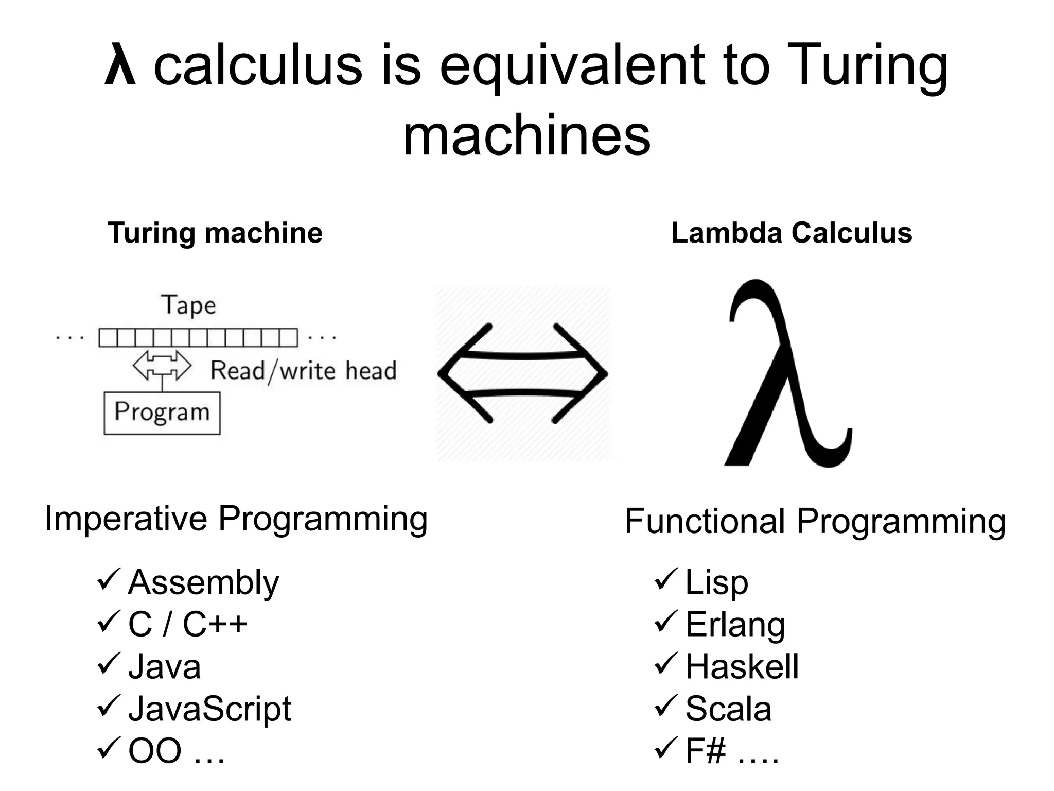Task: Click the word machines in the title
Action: click(x=526, y=135)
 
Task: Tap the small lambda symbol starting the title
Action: click(x=120, y=66)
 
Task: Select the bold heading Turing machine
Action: click(x=215, y=233)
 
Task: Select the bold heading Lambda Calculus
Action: click(x=792, y=233)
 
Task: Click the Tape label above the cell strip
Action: click(x=188, y=305)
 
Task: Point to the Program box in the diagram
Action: click(x=162, y=413)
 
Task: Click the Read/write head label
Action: click(x=304, y=371)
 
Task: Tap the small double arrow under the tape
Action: click(x=162, y=366)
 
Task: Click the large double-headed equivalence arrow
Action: click(x=522, y=374)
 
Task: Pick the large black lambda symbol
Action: click(x=785, y=373)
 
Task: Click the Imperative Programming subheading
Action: click(x=236, y=519)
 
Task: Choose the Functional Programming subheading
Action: click(x=815, y=521)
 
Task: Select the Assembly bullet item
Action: click(x=203, y=582)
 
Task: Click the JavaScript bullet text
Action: click(x=209, y=709)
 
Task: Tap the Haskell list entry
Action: click(x=742, y=667)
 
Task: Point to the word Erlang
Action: click(x=735, y=625)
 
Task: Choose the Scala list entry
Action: click(x=728, y=709)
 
